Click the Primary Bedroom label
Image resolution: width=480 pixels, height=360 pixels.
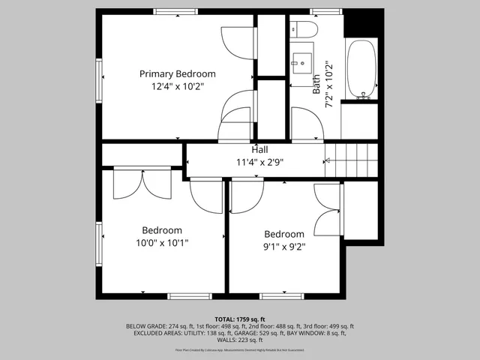178,74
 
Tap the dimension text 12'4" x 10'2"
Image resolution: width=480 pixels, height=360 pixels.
178,87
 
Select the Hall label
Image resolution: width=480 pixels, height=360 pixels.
259,149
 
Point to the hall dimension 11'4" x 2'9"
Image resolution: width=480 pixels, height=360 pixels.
259,162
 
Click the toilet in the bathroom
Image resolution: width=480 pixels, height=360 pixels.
304,29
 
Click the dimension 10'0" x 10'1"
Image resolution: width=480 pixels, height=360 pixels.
162,243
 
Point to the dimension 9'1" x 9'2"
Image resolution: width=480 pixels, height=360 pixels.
284,246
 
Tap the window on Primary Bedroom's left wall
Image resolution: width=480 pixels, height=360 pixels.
99,78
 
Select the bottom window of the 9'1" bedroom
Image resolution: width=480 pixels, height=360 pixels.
282,296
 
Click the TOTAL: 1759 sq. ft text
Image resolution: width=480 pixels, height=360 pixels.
240,319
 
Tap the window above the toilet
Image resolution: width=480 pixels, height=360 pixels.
325,11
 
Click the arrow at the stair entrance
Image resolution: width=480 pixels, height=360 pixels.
326,160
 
